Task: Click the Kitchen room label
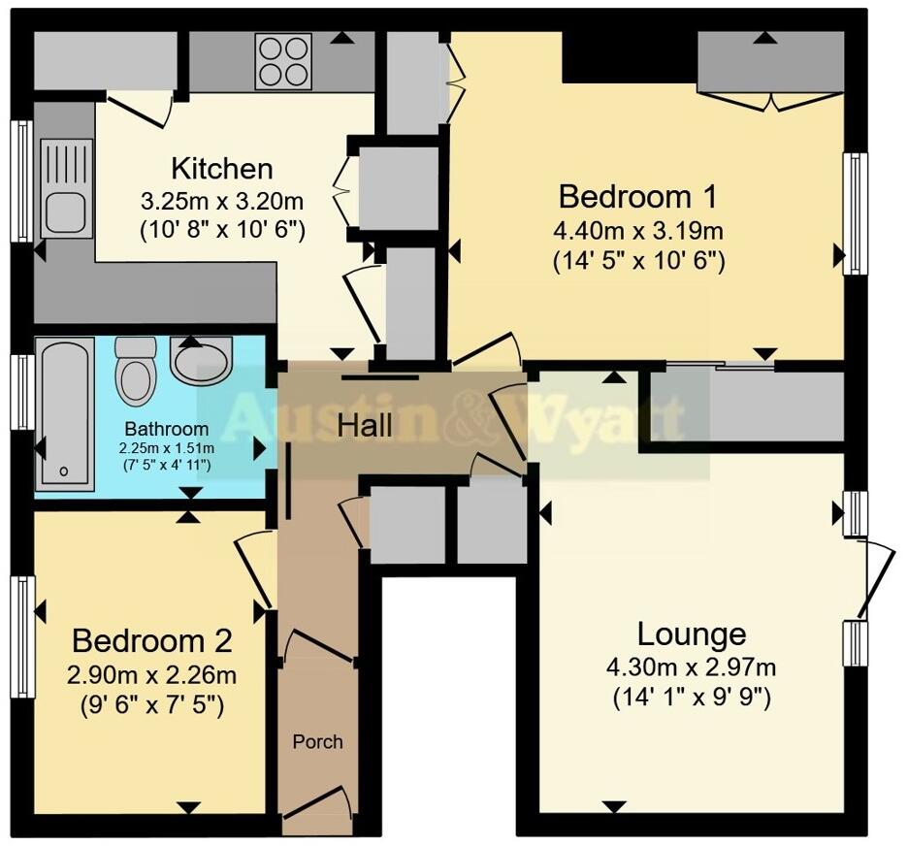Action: coord(222,168)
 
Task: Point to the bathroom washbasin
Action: coord(201,361)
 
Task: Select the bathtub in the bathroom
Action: coord(65,414)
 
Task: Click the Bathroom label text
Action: coord(166,429)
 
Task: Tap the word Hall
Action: coord(365,425)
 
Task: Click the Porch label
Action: coord(317,741)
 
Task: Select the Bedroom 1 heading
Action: coord(637,197)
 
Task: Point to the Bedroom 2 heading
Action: coord(152,641)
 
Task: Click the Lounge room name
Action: coord(691,634)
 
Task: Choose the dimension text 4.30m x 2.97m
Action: coord(691,667)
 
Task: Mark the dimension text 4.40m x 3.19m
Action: coord(638,231)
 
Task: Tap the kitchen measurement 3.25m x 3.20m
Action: coord(222,202)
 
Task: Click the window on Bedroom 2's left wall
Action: coord(22,636)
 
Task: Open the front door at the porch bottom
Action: coord(317,801)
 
